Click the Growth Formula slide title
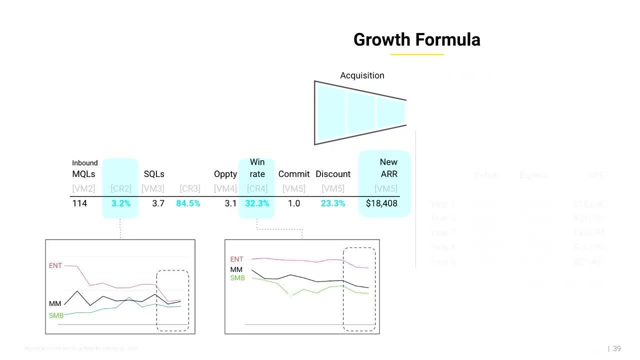tap(416, 40)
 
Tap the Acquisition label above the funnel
tap(362, 75)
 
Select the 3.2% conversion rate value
tap(121, 203)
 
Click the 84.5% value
tap(188, 203)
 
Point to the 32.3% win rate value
tap(257, 203)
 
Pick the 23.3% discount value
tap(332, 203)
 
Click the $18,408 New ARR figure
tap(381, 203)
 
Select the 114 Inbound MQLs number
tap(79, 203)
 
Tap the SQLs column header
tap(154, 174)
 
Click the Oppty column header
tap(225, 174)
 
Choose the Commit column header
tap(294, 174)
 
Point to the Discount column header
tap(333, 174)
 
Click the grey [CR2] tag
tap(121, 188)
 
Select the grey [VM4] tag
tap(225, 188)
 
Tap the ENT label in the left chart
tap(55, 265)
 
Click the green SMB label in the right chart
tap(237, 278)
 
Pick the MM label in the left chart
tap(55, 303)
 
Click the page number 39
tap(616, 348)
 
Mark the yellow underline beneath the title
tap(417, 54)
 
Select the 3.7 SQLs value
tap(158, 203)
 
